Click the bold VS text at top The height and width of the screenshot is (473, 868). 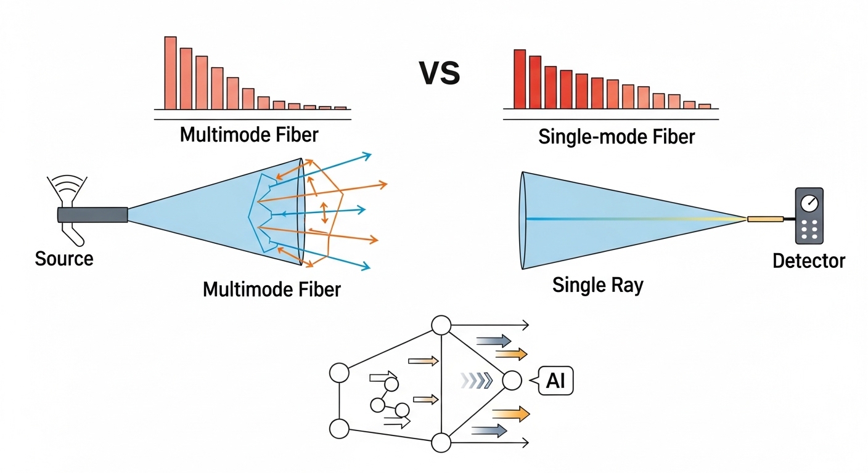click(440, 73)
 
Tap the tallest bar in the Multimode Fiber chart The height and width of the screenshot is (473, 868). click(170, 73)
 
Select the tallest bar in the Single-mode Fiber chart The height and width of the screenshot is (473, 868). click(520, 79)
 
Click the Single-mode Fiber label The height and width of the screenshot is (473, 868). click(616, 136)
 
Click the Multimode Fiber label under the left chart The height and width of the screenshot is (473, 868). click(250, 134)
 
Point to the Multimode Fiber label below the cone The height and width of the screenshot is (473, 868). click(272, 288)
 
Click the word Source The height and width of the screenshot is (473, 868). click(64, 258)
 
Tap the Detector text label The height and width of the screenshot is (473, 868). click(809, 261)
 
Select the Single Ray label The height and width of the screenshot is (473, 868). click(597, 285)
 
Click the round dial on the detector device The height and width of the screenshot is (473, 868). click(809, 203)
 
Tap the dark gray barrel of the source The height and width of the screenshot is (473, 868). click(92, 214)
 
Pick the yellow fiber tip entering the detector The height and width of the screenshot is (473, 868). click(765, 219)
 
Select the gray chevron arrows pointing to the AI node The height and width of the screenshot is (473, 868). click(477, 381)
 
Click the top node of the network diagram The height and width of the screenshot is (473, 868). click(441, 325)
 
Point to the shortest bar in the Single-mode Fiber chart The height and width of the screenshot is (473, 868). click(705, 106)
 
